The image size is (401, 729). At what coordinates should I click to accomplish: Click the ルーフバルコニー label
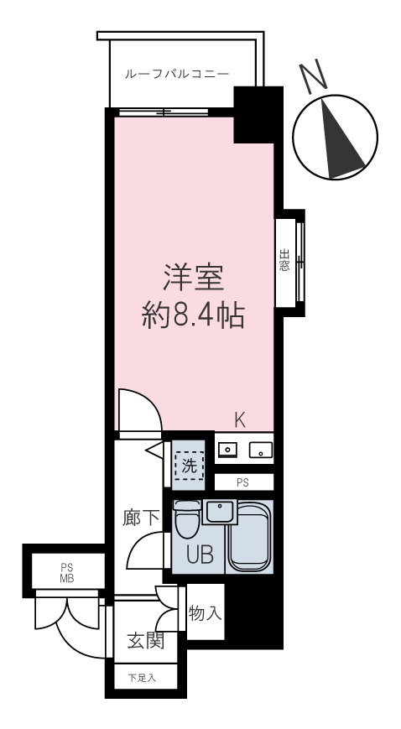pos(177,74)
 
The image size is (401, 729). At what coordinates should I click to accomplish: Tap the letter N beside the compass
pos(312,74)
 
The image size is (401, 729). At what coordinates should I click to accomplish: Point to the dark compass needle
pos(342,140)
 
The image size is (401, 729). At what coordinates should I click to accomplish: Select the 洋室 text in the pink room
pos(194,278)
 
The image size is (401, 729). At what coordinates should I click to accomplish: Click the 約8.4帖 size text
pos(193,316)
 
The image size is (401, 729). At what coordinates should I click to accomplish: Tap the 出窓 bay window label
pos(284,260)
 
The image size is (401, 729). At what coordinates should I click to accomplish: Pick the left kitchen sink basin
pos(228,450)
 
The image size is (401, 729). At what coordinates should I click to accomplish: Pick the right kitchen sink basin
pos(260,450)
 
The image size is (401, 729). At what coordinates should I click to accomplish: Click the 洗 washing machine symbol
pos(189,466)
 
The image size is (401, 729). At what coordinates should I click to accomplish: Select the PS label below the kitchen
pos(242,482)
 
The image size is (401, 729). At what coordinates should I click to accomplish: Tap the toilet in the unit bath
pos(186,518)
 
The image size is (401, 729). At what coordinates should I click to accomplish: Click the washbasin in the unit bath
pos(220,512)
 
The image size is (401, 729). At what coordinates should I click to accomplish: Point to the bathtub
pos(250,536)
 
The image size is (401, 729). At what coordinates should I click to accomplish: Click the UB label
pos(200,555)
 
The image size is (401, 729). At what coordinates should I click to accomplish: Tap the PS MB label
pos(66,573)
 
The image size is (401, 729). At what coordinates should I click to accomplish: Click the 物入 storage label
pos(206,614)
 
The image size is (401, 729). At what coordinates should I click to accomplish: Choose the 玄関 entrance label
pos(146,641)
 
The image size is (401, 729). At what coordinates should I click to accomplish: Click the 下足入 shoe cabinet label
pos(142,679)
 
